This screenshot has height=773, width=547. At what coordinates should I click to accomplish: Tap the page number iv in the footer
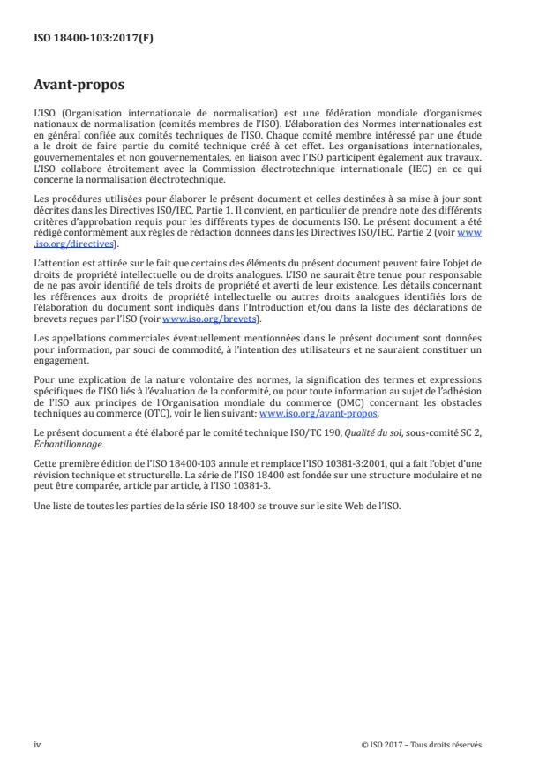point(37,743)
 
